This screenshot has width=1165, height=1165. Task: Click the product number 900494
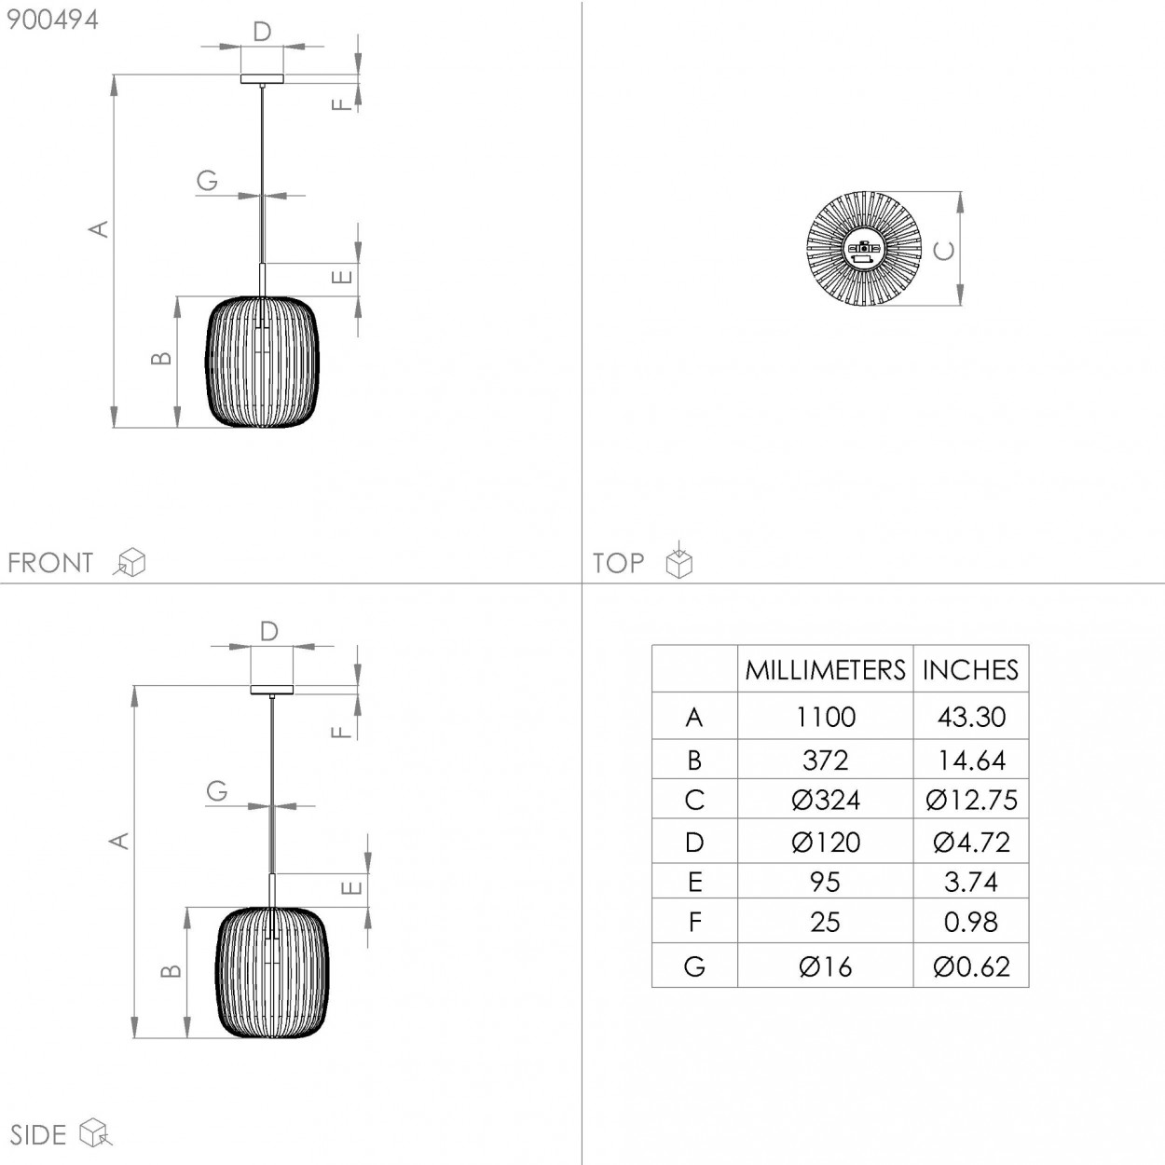[x=52, y=20]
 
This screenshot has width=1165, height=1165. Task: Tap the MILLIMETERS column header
[x=825, y=670]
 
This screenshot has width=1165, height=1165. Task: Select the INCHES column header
[x=970, y=670]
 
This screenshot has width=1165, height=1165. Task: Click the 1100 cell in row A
[x=825, y=717]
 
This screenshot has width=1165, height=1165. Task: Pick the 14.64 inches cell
[x=971, y=760]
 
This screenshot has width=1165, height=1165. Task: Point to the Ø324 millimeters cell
[x=825, y=800]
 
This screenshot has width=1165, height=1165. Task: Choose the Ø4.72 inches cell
[x=971, y=843]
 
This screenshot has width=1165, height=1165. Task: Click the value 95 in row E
[x=825, y=882]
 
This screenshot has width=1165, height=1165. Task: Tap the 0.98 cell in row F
[x=971, y=922]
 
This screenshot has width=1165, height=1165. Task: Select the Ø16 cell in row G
[x=825, y=966]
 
